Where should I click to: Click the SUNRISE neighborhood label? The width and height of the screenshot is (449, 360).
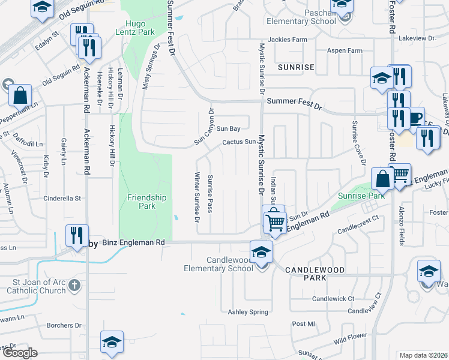tap(296, 67)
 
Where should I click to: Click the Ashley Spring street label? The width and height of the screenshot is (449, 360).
tap(248, 312)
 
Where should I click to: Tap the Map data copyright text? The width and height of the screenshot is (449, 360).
tap(423, 355)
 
